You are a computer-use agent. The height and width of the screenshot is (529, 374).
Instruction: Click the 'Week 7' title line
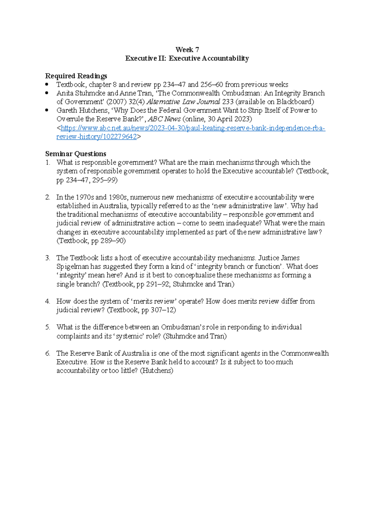[187, 50]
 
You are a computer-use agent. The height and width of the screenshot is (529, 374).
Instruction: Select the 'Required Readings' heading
[76, 76]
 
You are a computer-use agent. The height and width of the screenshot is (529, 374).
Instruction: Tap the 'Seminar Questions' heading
[76, 154]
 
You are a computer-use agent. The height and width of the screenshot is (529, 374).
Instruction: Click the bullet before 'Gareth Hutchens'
[47, 110]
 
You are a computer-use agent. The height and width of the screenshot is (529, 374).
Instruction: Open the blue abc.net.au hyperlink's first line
[193, 128]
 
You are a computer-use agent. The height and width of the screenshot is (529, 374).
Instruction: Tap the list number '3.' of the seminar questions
[48, 258]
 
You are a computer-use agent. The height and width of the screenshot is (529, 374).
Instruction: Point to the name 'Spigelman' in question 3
[73, 267]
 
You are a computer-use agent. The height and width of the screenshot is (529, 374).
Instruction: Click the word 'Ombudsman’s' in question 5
[183, 327]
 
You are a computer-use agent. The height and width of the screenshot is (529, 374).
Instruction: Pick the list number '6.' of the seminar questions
[48, 354]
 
